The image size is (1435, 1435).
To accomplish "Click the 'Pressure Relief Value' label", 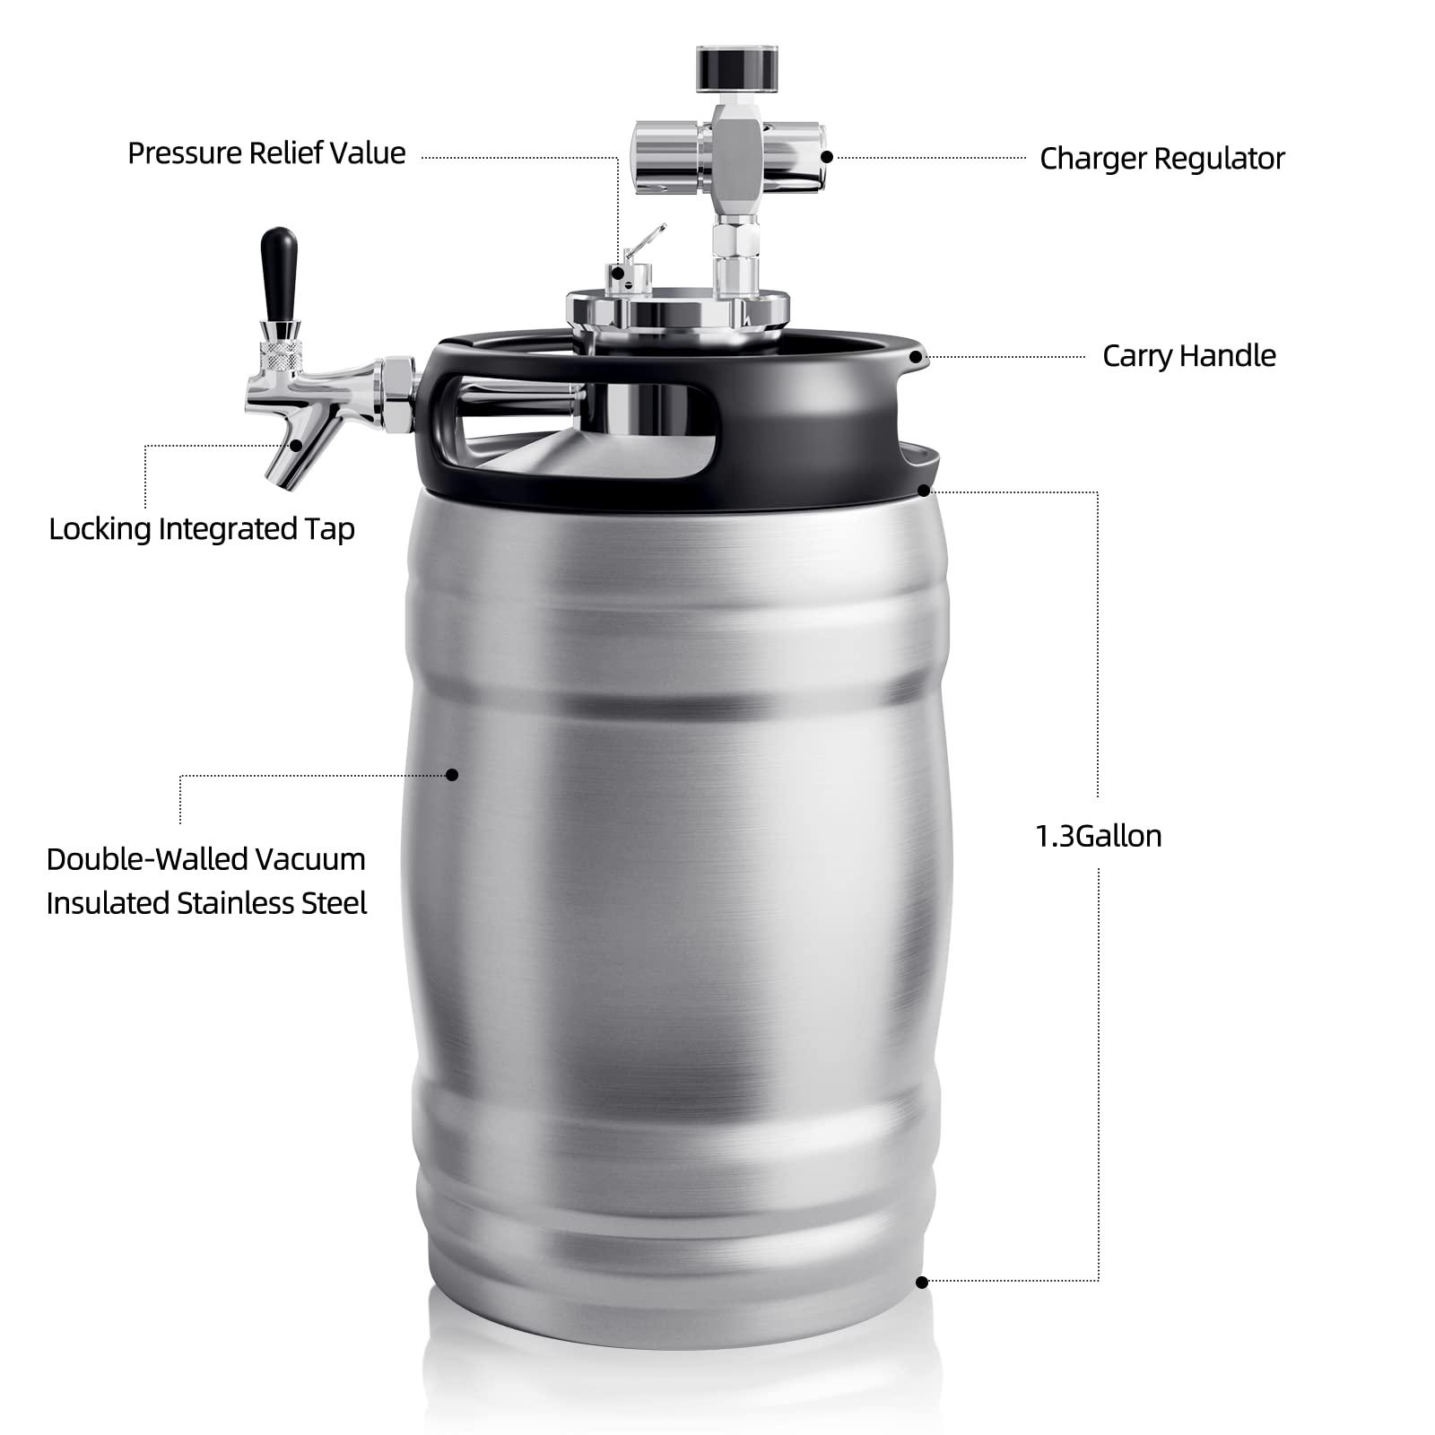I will click(x=266, y=153).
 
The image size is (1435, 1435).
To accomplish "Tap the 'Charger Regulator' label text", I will click(x=1161, y=159).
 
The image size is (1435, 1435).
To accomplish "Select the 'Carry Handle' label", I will click(x=1188, y=356).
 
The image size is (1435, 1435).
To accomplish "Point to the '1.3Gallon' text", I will click(x=1098, y=836).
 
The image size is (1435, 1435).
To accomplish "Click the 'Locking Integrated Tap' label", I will click(x=202, y=529).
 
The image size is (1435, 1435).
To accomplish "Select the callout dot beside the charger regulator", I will click(x=827, y=157).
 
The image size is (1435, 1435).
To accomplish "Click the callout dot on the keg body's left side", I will click(x=452, y=774).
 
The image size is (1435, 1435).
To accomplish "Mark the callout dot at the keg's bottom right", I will click(x=922, y=1283).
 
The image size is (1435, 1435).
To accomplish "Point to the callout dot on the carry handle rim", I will click(x=915, y=356).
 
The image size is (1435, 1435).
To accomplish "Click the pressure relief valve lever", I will click(x=646, y=242).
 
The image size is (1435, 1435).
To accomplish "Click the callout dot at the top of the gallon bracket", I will click(x=924, y=491).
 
